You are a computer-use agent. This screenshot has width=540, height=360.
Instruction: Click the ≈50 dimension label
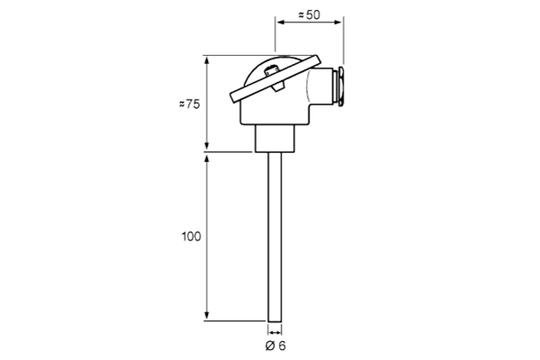[309, 14]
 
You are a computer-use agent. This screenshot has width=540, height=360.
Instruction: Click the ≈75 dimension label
[189, 103]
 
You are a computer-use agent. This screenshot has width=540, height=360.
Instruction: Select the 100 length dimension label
[191, 237]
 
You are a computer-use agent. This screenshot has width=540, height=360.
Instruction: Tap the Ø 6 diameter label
[275, 346]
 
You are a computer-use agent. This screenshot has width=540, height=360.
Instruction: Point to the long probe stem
[274, 237]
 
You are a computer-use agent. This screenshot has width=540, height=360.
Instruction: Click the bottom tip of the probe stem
[274, 322]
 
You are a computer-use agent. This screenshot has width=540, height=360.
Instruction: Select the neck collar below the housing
[274, 138]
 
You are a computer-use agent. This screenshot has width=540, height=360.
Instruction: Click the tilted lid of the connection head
[275, 79]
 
